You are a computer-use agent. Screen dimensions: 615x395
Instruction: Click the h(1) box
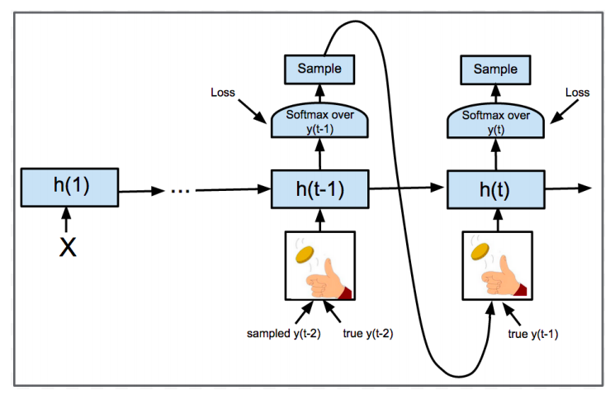click(70, 188)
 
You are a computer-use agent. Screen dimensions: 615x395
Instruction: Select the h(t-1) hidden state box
click(320, 189)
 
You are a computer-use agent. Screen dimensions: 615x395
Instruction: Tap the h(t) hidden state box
click(496, 189)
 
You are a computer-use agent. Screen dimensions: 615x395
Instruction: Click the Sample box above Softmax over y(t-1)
click(319, 69)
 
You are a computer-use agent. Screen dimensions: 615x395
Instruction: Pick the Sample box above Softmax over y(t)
click(495, 70)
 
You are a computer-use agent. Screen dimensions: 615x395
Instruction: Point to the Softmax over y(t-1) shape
click(319, 121)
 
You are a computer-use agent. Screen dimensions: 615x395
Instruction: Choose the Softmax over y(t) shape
click(496, 121)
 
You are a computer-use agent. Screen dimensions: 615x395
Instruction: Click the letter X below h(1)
click(68, 247)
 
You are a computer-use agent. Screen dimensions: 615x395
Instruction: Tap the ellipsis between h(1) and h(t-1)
click(180, 191)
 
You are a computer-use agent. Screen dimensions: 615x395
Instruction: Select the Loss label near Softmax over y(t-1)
click(223, 93)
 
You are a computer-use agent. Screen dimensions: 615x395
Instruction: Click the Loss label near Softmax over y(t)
click(577, 93)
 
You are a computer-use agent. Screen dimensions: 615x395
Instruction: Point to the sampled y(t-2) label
click(284, 333)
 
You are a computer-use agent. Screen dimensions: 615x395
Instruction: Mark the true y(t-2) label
click(368, 333)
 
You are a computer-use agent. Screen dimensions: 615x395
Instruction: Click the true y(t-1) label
click(533, 334)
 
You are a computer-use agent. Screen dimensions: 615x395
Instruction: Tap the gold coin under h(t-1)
click(305, 255)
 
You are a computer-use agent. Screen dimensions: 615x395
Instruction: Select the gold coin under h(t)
click(480, 251)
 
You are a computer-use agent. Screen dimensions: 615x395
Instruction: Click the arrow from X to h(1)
click(66, 220)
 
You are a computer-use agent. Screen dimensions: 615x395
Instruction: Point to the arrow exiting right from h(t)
click(568, 189)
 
